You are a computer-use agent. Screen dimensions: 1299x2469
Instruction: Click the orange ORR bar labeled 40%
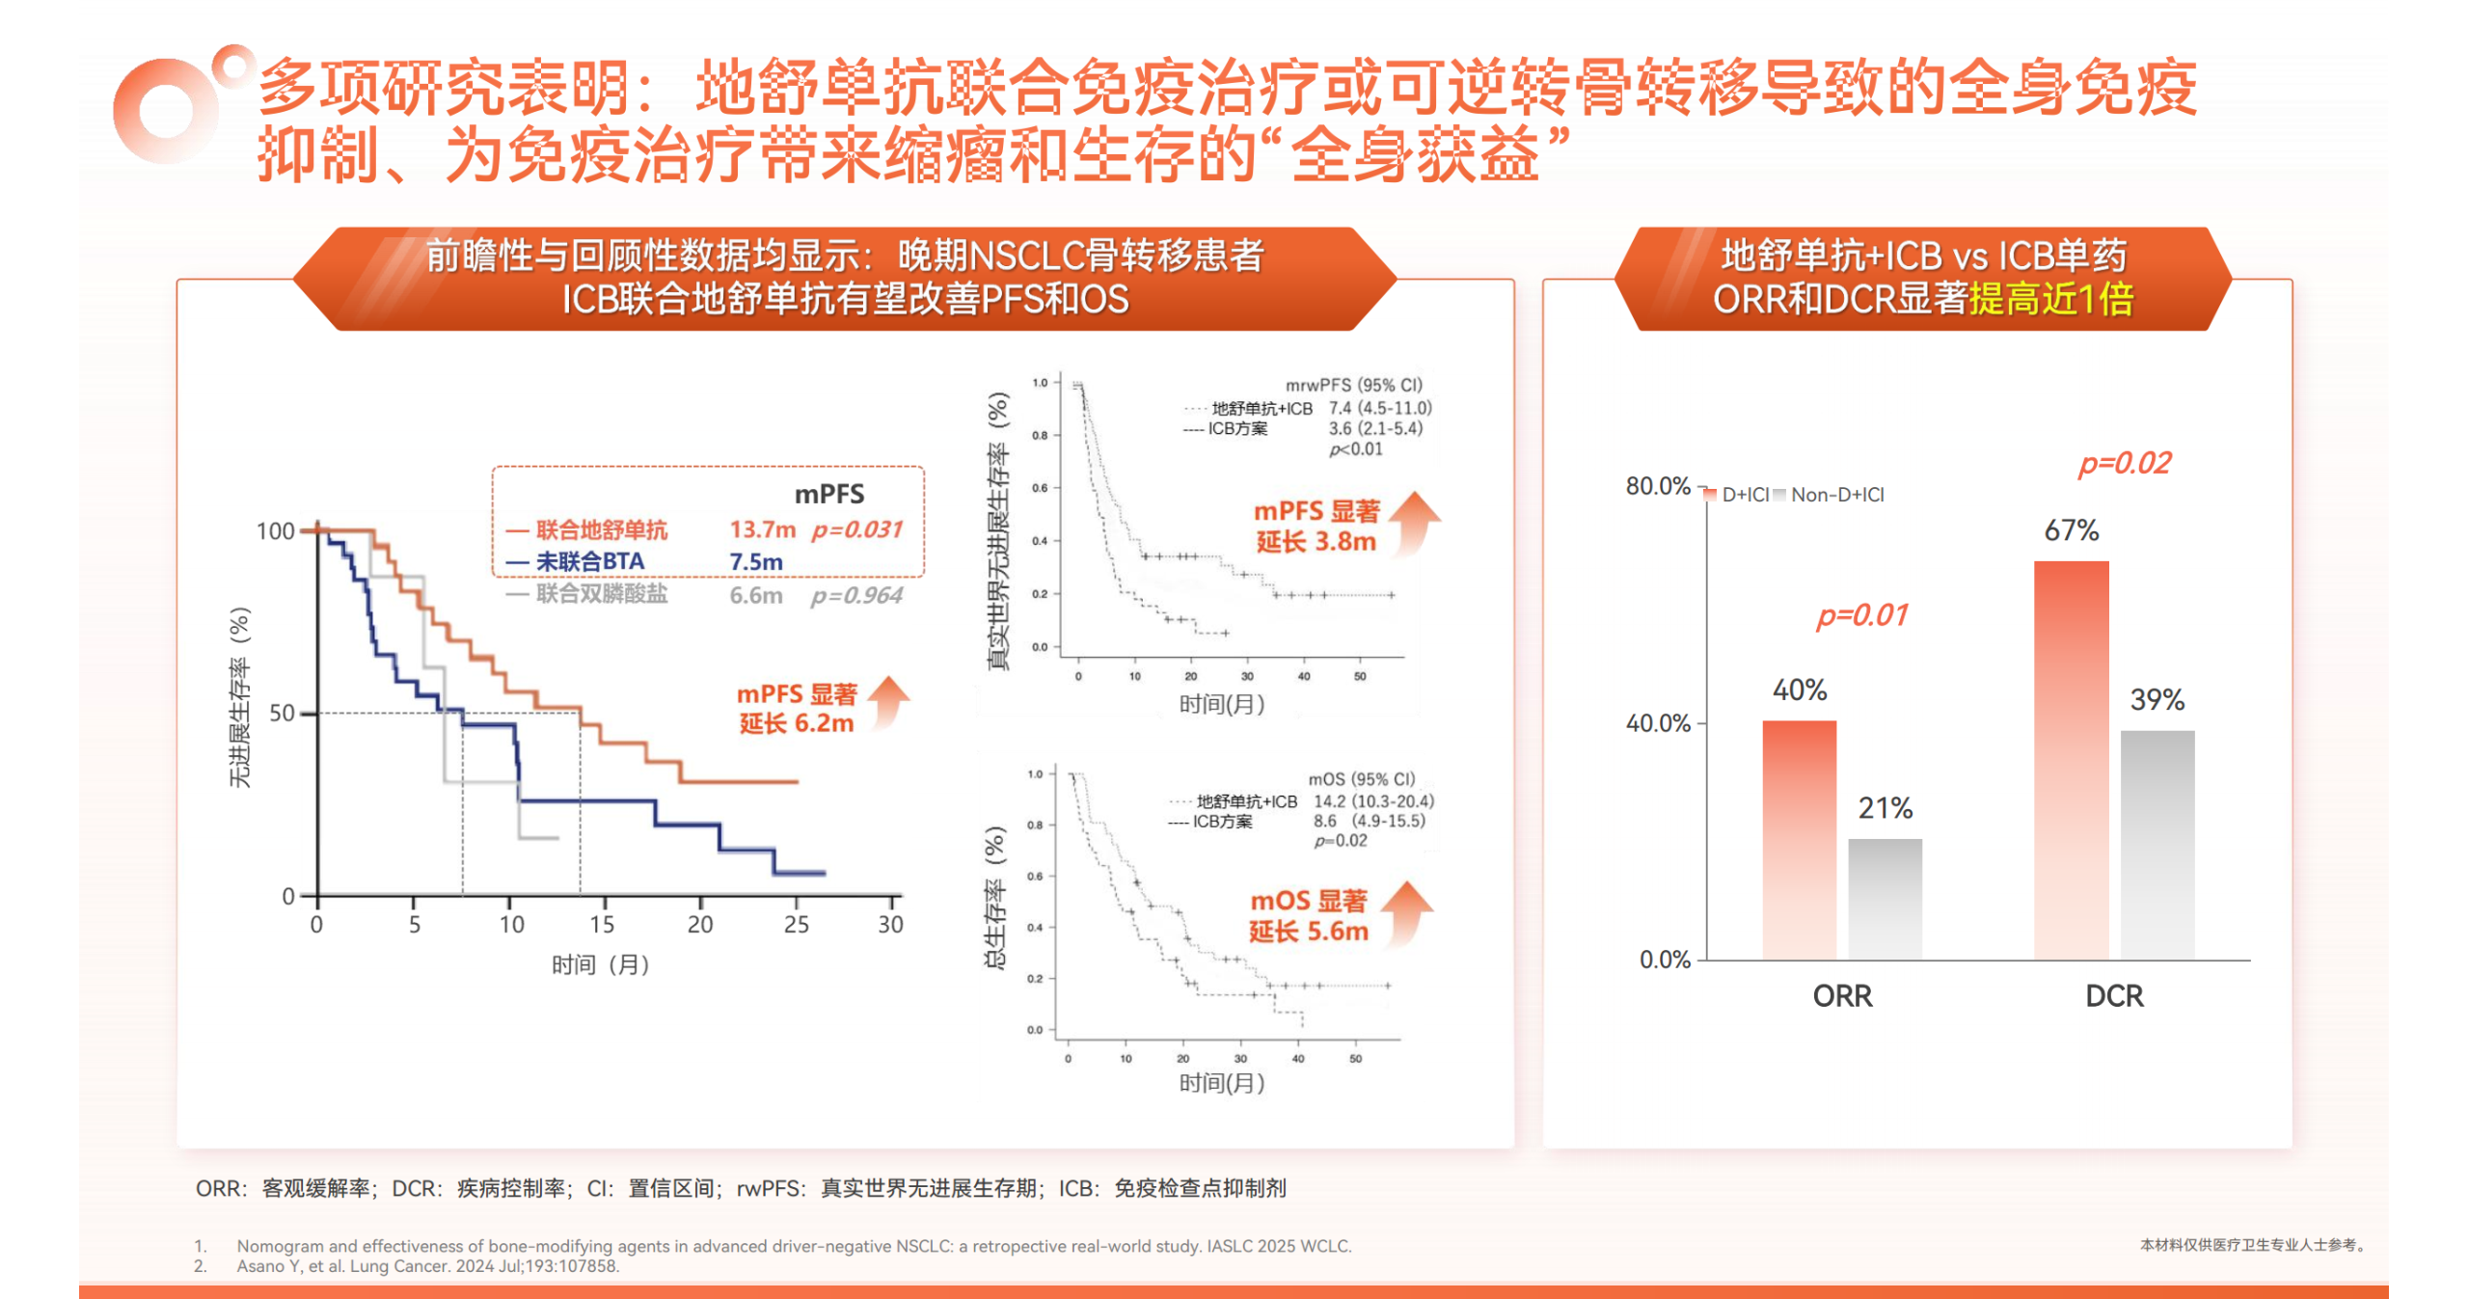(x=1799, y=839)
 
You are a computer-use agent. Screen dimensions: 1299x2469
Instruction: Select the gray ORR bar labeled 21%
(x=1885, y=899)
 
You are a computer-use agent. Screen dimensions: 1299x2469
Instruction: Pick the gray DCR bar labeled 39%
(x=2157, y=845)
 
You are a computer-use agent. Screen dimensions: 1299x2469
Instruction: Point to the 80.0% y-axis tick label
(x=1658, y=486)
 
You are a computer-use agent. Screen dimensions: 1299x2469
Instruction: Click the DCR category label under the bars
(x=2114, y=995)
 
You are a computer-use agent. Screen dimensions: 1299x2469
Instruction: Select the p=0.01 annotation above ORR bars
(x=1861, y=615)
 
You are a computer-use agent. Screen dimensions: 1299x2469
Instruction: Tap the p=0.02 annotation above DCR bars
(x=2124, y=464)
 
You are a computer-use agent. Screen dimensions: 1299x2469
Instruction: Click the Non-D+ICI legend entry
(x=1835, y=495)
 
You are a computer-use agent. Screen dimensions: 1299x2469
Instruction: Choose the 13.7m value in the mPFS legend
(x=762, y=529)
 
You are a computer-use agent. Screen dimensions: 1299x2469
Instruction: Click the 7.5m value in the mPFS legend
(x=755, y=561)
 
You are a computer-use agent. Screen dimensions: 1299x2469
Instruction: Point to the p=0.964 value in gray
(x=856, y=595)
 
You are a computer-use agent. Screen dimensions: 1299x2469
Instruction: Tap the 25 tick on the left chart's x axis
(x=796, y=925)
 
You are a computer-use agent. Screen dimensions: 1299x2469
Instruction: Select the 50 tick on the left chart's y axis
(x=282, y=714)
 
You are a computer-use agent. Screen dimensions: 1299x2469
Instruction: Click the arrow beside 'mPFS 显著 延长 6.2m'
(x=888, y=702)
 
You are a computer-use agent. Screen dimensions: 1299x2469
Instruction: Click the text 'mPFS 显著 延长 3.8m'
(x=1316, y=526)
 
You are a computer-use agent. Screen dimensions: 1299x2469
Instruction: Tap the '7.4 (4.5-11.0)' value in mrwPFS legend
(x=1380, y=408)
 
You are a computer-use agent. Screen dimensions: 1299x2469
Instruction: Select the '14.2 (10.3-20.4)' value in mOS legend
(x=1373, y=801)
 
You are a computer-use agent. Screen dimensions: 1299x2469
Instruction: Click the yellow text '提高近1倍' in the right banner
(x=2050, y=299)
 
